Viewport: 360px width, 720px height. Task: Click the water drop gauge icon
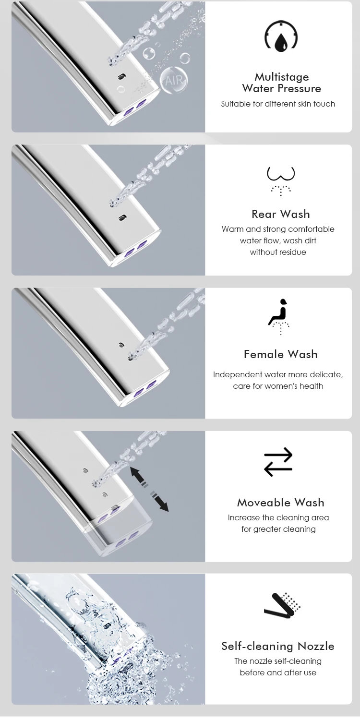click(281, 36)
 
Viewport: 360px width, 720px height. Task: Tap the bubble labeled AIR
click(173, 80)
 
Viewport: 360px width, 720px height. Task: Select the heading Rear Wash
click(281, 214)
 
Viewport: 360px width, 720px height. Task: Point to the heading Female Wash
click(281, 354)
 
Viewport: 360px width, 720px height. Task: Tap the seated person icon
click(279, 315)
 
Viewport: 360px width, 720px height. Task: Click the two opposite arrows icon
click(278, 462)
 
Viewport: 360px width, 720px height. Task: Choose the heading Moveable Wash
click(281, 503)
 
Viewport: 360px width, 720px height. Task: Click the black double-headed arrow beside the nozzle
click(149, 489)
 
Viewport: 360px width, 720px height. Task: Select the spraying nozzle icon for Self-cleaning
click(282, 606)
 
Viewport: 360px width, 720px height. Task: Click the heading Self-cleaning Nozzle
click(278, 646)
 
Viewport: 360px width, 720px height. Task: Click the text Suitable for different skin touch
click(278, 104)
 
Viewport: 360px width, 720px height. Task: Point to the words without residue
click(278, 252)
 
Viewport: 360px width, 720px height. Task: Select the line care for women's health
click(278, 386)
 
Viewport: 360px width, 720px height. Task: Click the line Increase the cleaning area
click(278, 517)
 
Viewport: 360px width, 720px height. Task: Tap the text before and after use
click(278, 672)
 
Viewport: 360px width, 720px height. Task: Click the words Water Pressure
click(282, 88)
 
